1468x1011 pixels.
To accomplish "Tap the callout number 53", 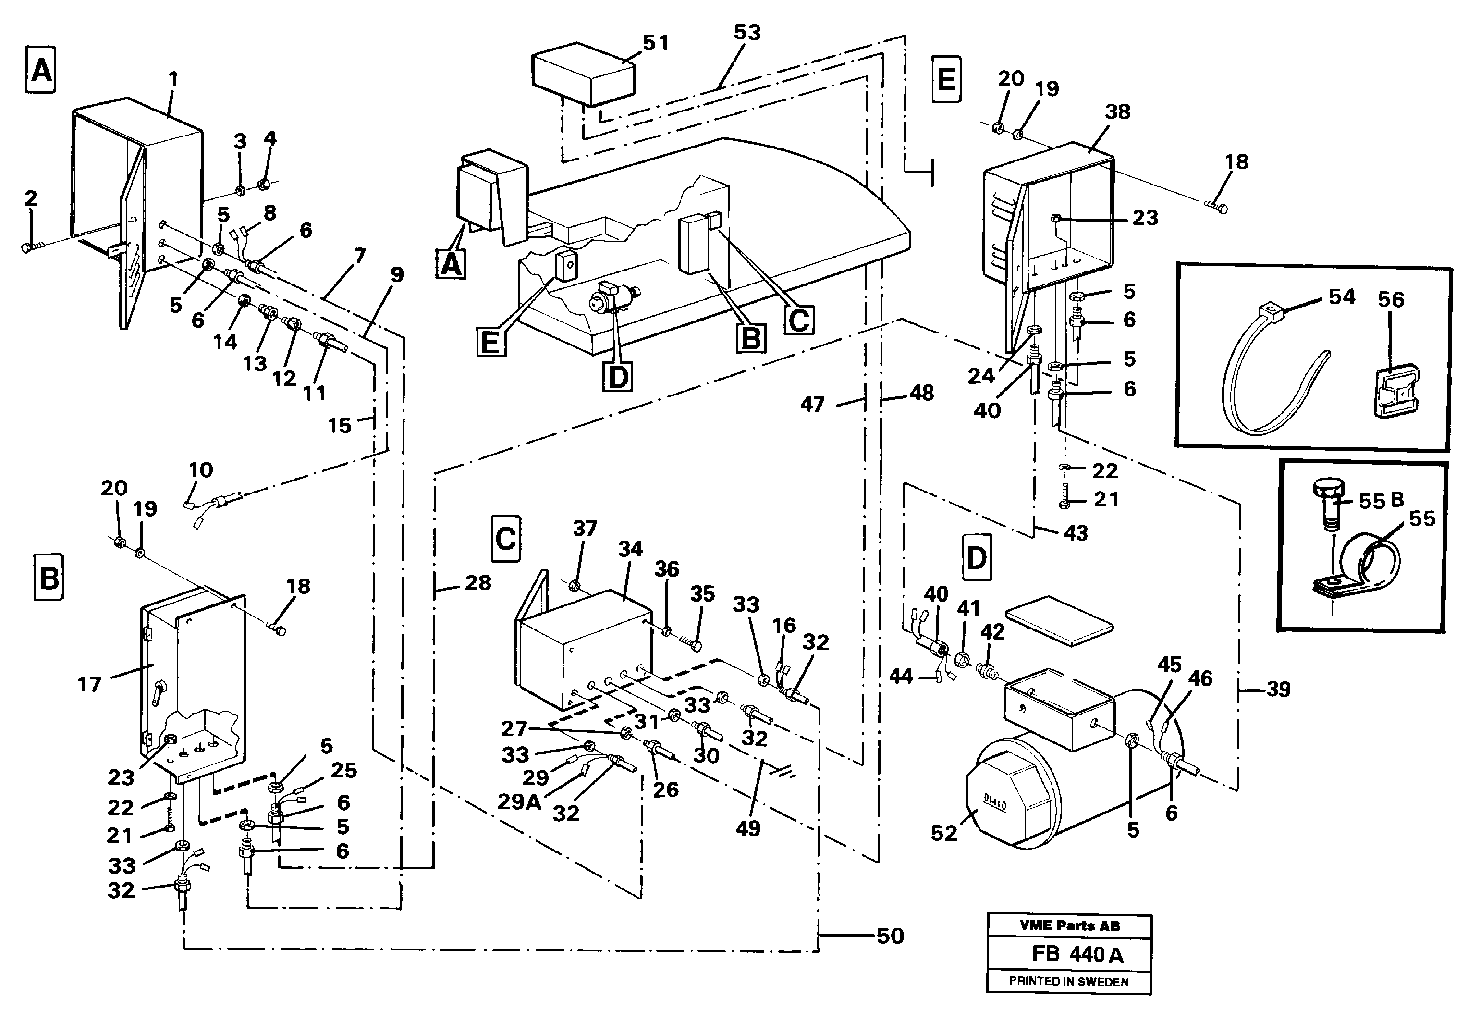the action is point(747,32).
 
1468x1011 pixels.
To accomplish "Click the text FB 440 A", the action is point(1078,954).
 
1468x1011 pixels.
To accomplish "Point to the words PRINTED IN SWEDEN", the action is point(1069,982).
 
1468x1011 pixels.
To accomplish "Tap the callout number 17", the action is point(89,684).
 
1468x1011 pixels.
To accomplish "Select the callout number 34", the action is point(631,549).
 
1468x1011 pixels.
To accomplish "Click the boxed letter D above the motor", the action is point(976,558).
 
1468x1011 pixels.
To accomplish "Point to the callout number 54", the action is point(1342,296).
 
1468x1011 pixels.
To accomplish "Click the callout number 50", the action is point(891,936).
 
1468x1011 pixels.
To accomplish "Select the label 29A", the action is point(519,802).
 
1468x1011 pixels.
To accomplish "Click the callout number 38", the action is point(1118,111).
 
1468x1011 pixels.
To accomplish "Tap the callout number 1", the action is point(173,80).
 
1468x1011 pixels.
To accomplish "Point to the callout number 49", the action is point(748,828).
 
